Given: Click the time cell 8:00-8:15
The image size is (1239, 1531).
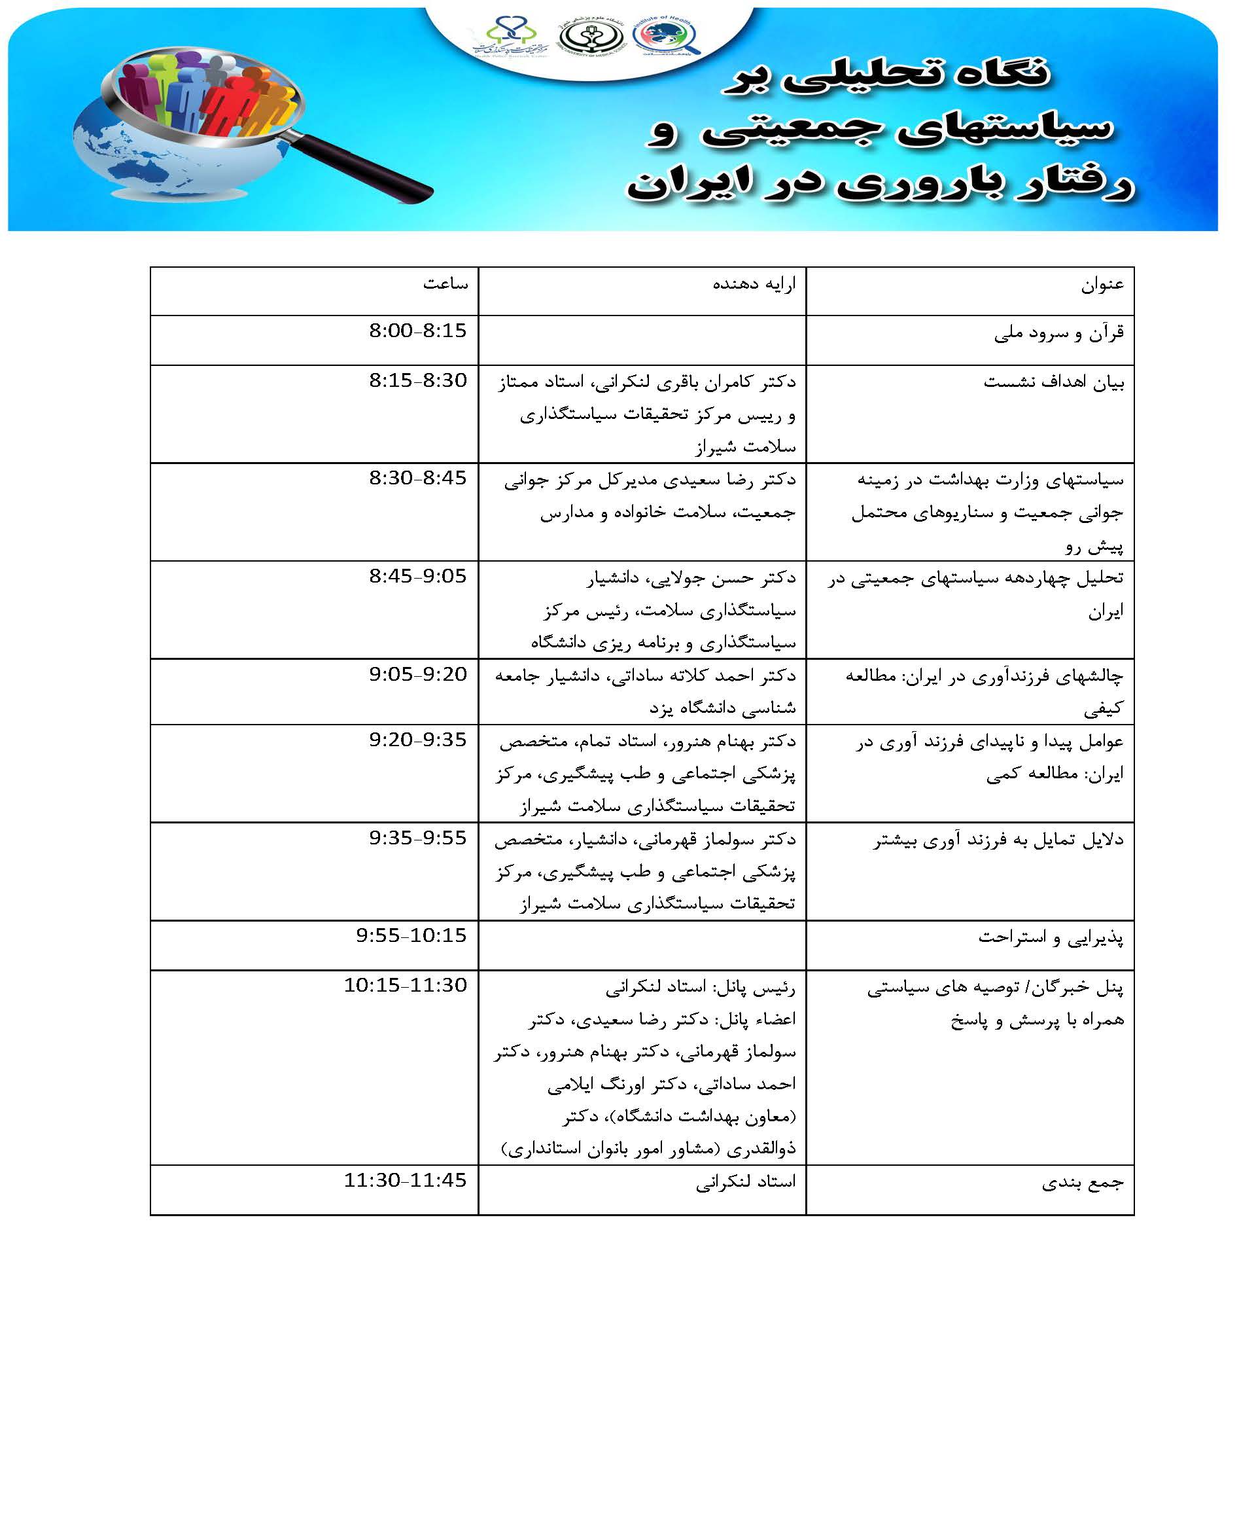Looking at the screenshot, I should (x=417, y=331).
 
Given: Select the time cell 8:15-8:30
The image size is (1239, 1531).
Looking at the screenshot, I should (x=417, y=380).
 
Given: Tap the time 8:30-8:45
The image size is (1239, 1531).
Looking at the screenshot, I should (x=417, y=478).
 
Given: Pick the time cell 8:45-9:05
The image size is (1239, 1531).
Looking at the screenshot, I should (x=417, y=575).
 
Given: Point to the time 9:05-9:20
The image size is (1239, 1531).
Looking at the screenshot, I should (x=417, y=674).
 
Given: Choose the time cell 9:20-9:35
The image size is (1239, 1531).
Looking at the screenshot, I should (x=417, y=740).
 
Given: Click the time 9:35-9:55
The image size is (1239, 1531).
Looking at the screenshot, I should (x=417, y=838).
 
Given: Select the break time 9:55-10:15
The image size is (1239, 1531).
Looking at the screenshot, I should (x=411, y=935).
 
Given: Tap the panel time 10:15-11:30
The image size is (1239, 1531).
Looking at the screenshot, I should (x=405, y=986).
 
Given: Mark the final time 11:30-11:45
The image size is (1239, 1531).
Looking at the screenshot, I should (x=405, y=1180).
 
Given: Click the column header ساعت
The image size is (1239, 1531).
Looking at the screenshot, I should (x=445, y=284).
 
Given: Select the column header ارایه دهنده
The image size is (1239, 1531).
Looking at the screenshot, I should (x=754, y=284).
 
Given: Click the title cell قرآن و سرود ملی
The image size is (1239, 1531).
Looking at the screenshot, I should (x=1058, y=333).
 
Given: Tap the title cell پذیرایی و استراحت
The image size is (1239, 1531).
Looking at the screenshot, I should (x=1051, y=937).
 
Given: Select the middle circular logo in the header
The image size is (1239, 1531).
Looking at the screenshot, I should (x=590, y=37).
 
